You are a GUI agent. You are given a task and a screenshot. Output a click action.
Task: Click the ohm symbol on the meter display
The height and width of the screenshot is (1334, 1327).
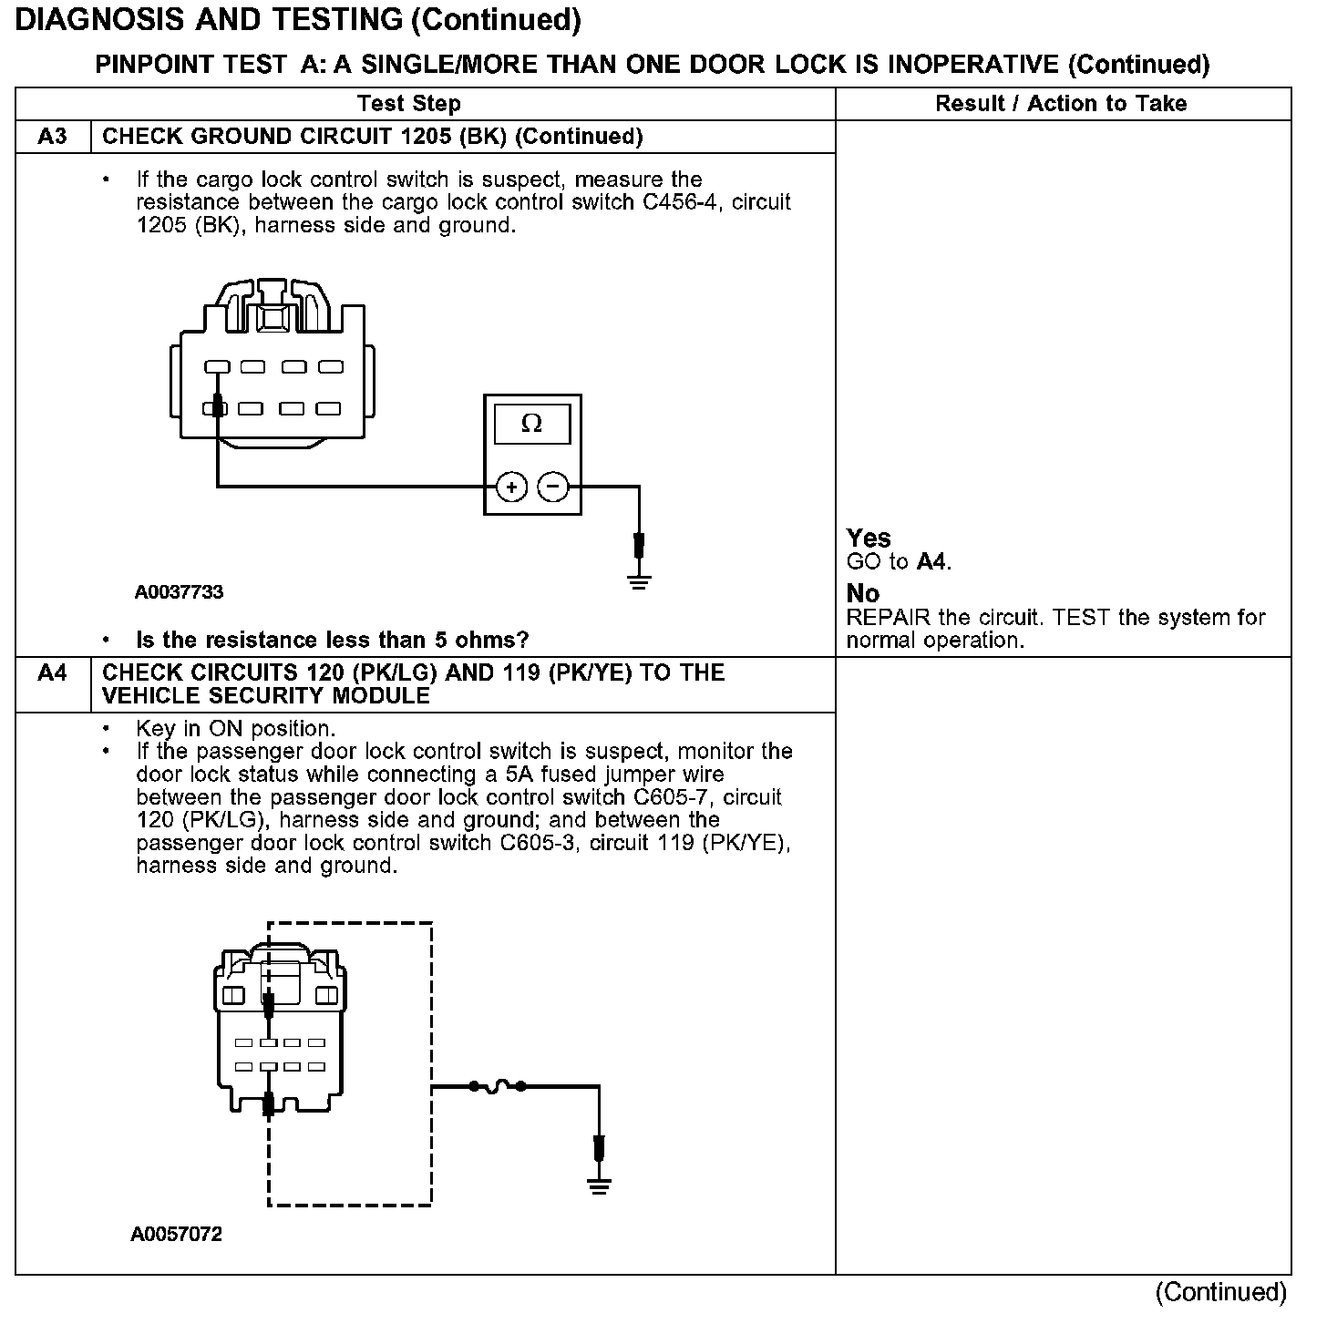pyautogui.click(x=531, y=424)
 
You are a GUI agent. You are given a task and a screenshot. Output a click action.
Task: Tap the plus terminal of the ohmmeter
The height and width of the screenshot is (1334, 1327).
pyautogui.click(x=512, y=487)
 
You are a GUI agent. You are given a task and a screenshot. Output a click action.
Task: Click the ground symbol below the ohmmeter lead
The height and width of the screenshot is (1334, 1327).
pyautogui.click(x=639, y=581)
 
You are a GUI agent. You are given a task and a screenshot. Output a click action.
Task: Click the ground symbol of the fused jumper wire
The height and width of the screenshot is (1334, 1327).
pyautogui.click(x=599, y=1185)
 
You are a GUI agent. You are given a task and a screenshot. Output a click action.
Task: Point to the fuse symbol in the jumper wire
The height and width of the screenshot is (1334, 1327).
pyautogui.click(x=498, y=1086)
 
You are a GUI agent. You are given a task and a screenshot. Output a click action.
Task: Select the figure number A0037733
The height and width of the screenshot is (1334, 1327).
pyautogui.click(x=179, y=592)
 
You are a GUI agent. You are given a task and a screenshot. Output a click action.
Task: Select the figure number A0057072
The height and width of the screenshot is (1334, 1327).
pyautogui.click(x=177, y=1235)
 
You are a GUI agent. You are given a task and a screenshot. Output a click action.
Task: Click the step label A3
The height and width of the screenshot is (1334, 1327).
pyautogui.click(x=53, y=137)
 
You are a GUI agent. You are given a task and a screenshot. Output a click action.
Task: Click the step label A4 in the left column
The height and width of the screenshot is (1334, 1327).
pyautogui.click(x=53, y=673)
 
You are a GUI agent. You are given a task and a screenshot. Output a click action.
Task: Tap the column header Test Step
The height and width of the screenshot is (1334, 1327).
pyautogui.click(x=409, y=104)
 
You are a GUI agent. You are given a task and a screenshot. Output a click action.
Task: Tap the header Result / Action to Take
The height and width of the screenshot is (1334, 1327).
pyautogui.click(x=1061, y=104)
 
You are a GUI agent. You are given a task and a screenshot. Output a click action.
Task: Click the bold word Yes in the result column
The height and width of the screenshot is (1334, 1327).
pyautogui.click(x=869, y=538)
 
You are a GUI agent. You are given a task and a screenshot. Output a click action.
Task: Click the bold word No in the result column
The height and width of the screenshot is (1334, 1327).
pyautogui.click(x=862, y=594)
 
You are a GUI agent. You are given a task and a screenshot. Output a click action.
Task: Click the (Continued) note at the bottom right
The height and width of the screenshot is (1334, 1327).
pyautogui.click(x=1220, y=1292)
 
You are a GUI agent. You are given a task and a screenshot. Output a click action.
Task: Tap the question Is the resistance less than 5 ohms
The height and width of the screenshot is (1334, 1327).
pyautogui.click(x=332, y=641)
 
